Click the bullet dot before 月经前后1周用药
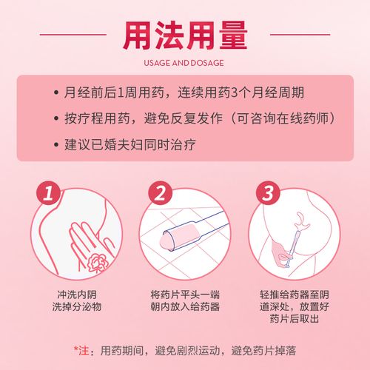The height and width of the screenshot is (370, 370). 56,94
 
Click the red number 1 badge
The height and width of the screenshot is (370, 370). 49,195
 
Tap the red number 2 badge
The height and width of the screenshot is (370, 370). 161,195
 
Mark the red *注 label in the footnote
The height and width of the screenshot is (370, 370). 82,349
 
